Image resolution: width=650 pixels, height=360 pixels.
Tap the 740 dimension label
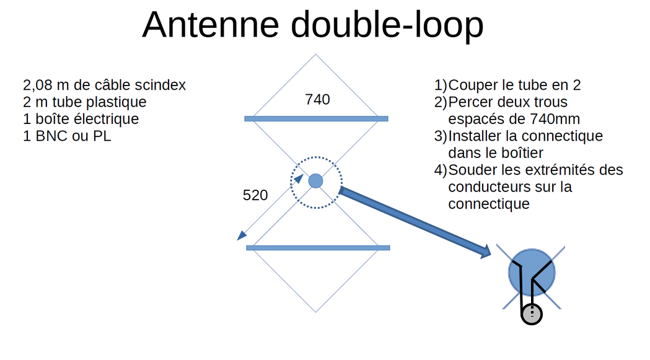tap(317, 99)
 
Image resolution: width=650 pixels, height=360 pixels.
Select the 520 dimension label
tap(255, 196)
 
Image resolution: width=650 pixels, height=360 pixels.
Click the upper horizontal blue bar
tap(316, 118)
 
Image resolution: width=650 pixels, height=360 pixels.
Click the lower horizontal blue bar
tap(318, 248)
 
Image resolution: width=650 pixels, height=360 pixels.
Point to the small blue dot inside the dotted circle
tap(315, 181)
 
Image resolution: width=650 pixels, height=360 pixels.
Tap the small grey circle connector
tap(531, 315)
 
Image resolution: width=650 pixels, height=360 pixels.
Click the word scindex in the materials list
tap(161, 85)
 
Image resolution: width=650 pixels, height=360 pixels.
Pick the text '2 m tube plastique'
tap(85, 102)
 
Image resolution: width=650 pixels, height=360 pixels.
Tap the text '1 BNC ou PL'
tap(67, 136)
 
